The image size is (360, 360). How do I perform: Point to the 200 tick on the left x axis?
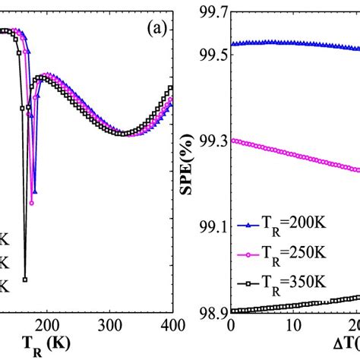point(47,324)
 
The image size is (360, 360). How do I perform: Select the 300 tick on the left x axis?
point(110,324)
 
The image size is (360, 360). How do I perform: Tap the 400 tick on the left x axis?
point(172,324)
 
